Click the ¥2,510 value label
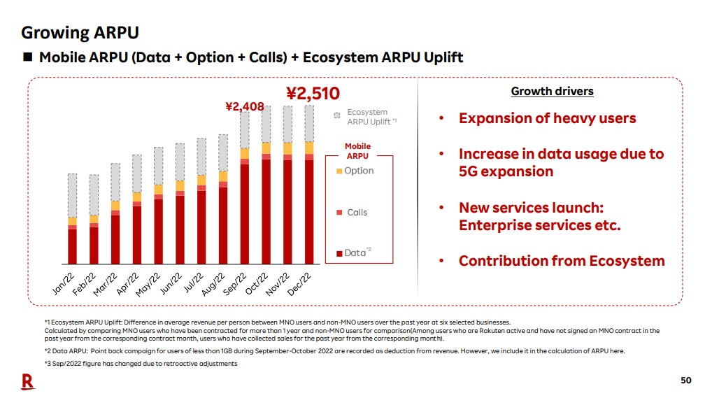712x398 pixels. coord(313,94)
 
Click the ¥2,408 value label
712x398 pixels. coord(244,106)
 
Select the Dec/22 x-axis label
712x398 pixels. coord(300,283)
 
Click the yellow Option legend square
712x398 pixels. coord(339,171)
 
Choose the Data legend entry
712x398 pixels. coord(353,253)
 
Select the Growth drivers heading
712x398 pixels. coord(552,92)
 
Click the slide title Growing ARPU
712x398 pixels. coord(80,32)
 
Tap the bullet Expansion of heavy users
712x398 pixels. coord(547,118)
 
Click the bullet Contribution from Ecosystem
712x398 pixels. coord(562,261)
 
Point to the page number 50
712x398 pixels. coord(685,380)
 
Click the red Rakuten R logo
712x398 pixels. coord(27,381)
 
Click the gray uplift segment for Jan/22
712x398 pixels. coord(72,195)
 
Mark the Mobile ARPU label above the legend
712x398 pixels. coord(358,151)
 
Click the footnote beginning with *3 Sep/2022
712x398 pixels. coord(141,363)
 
